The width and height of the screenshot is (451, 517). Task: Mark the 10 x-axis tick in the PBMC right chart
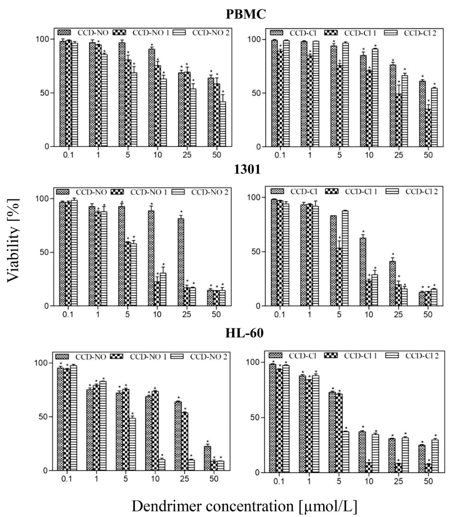coord(369,155)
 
